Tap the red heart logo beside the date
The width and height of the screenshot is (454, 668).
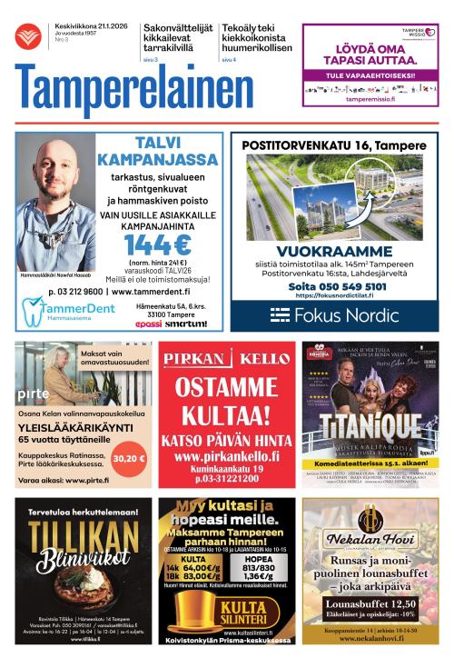pos(27,37)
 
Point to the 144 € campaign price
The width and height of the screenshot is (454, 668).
pos(158,245)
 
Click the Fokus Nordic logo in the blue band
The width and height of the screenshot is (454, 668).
pos(334,314)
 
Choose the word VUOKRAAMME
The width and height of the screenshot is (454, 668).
pos(334,252)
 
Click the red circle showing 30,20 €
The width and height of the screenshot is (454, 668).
pos(129,458)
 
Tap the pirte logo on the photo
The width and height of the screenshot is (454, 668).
pos(35,394)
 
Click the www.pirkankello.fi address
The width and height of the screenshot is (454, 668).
pos(226,456)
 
